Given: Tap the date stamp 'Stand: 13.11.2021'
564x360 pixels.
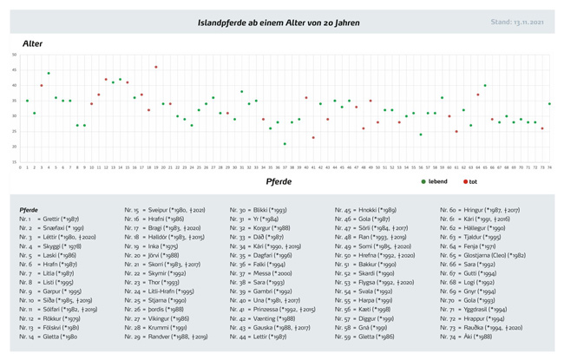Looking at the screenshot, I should [x=519, y=22].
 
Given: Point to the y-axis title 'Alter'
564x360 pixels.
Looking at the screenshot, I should [x=33, y=42].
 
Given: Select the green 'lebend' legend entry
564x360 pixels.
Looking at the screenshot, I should [x=434, y=181].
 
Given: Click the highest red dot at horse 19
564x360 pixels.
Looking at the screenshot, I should [x=155, y=67].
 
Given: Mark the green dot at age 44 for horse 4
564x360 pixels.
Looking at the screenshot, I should [x=49, y=73].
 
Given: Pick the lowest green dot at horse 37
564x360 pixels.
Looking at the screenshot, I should [x=284, y=144].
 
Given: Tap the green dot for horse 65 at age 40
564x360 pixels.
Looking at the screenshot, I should [x=485, y=86].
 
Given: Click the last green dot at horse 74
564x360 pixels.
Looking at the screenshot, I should [x=549, y=104].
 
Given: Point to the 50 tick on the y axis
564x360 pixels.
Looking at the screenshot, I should [x=14, y=55].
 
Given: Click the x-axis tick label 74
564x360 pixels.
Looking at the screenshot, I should [x=549, y=167].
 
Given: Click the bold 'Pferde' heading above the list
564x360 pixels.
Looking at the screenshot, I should [x=29, y=210].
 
